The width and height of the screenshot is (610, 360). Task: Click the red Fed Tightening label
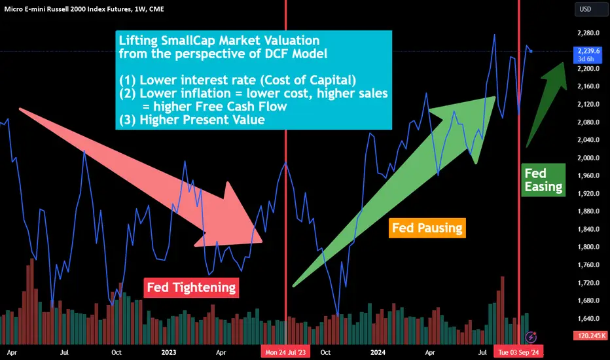tap(191, 287)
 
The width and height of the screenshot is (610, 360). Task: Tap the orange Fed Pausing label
tap(427, 228)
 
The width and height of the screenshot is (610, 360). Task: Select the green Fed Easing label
tap(543, 180)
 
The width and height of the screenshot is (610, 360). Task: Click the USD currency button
tap(590, 9)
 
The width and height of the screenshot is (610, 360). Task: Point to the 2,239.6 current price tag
tap(588, 55)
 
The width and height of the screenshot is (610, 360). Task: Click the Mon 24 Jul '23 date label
tap(285, 352)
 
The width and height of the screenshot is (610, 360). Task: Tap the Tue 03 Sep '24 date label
tap(518, 352)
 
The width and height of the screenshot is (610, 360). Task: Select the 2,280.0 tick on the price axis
tap(588, 33)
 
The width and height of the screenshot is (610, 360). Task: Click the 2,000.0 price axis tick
tap(588, 158)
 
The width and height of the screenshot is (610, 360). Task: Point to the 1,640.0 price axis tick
tap(588, 318)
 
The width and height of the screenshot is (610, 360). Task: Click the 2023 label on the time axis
tap(168, 352)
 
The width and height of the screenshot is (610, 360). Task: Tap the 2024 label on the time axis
tap(378, 352)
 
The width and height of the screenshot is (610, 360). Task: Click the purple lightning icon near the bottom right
tap(531, 336)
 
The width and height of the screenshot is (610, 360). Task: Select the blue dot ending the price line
tap(531, 51)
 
